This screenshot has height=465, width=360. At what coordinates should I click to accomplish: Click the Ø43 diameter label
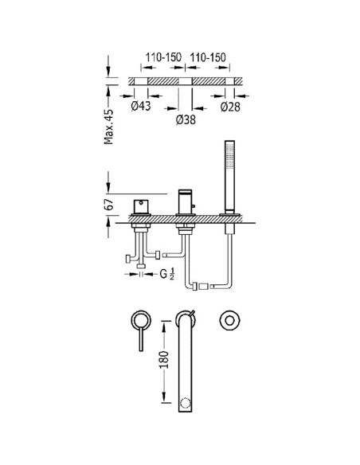point(141,106)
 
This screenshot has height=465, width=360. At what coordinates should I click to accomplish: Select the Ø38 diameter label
point(186,119)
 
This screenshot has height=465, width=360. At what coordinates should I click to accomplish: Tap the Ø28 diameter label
point(230,107)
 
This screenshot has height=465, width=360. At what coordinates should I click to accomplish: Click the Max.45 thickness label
point(109,127)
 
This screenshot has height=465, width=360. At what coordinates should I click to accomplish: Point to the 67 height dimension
point(109,205)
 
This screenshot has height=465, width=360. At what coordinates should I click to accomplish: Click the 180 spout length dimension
point(164,360)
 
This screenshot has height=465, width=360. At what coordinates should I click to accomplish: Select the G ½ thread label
point(167,273)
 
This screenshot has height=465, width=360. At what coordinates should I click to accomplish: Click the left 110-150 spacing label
point(163,57)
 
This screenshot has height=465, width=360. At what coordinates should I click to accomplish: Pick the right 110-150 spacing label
point(208,57)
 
